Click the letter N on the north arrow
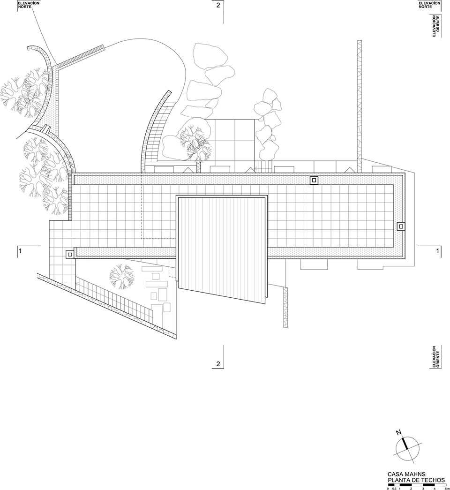[398, 432]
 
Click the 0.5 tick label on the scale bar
[394, 489]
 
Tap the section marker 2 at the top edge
[218, 6]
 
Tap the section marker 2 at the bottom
[218, 364]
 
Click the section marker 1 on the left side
[20, 251]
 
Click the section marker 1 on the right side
[437, 251]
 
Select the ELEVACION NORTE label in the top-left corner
[29, 5]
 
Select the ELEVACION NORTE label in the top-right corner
[430, 5]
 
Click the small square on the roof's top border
[314, 180]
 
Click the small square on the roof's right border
[401, 226]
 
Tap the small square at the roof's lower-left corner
[69, 254]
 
